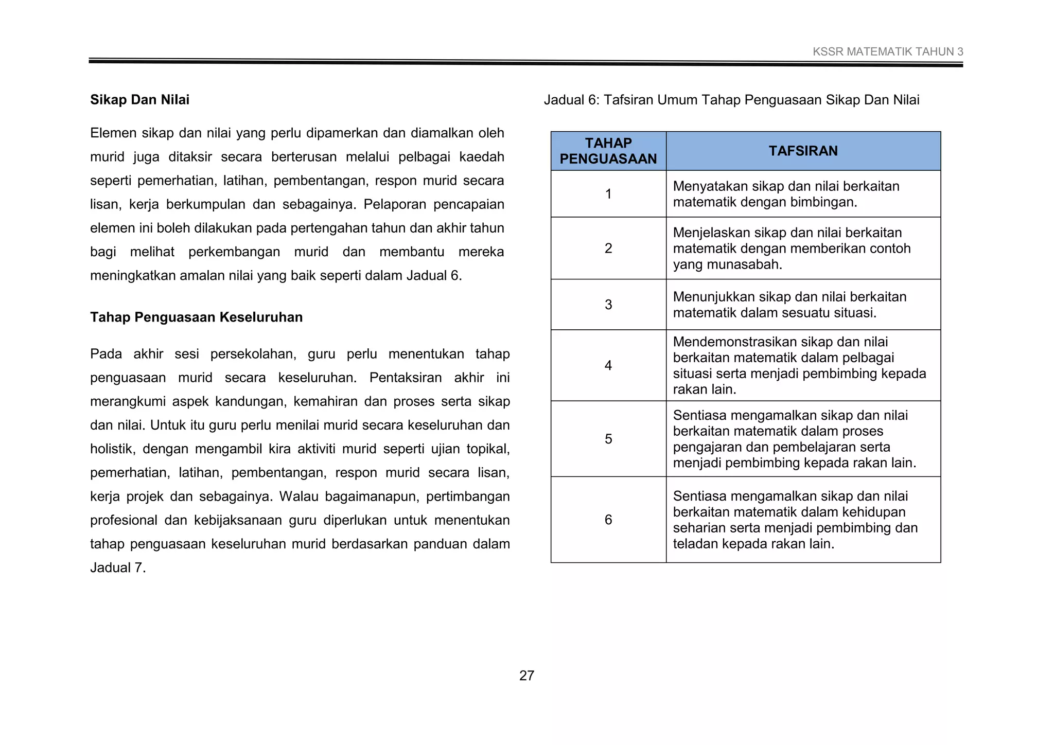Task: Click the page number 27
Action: [x=526, y=676]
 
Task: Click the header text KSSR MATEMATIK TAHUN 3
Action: [x=888, y=52]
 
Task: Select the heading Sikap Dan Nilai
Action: [x=139, y=100]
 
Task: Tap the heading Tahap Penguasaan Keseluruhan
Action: [x=196, y=317]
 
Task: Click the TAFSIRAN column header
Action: [x=803, y=151]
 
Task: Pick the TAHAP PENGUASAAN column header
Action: [x=608, y=151]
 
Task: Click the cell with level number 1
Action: [x=608, y=194]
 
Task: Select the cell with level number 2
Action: [x=608, y=249]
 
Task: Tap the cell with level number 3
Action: [x=608, y=305]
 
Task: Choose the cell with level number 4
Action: [x=608, y=365]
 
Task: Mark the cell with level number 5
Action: [x=608, y=439]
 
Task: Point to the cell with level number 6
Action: [x=608, y=520]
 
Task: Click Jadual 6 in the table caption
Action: [x=570, y=100]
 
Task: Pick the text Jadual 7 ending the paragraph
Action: [x=117, y=568]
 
